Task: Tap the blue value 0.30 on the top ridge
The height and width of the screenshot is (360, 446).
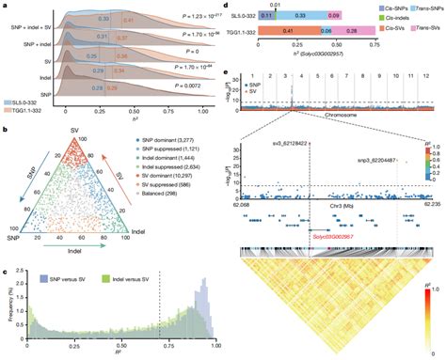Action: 105,18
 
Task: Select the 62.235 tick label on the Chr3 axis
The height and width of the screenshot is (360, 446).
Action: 424,204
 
